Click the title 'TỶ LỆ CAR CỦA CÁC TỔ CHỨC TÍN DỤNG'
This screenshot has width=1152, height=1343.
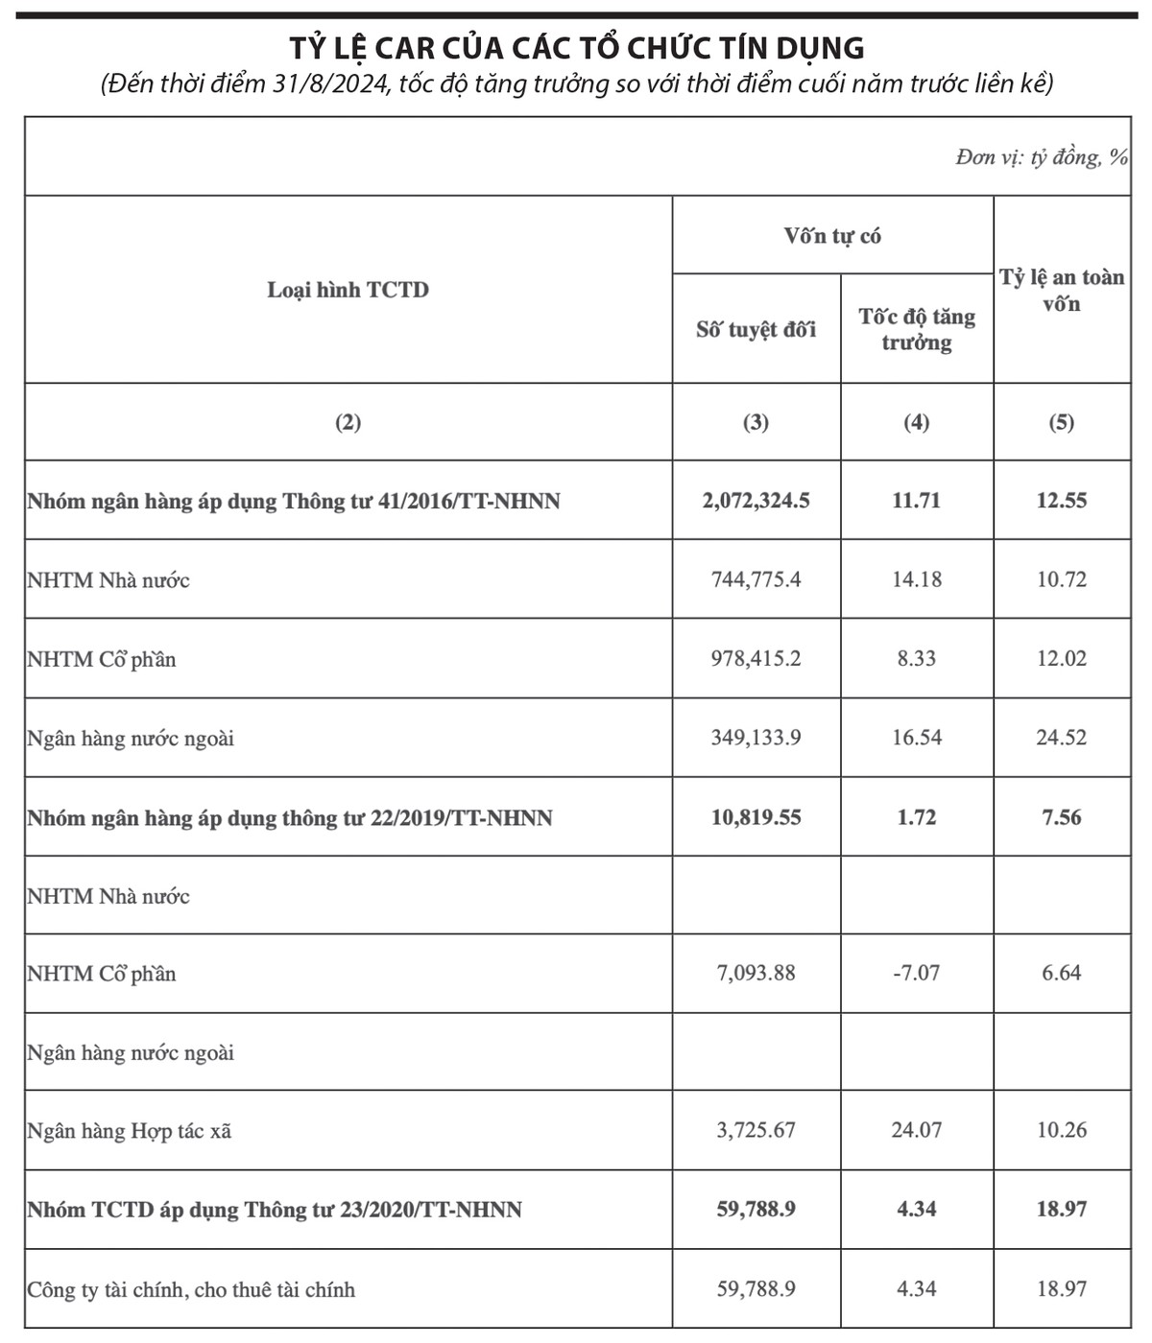point(577,48)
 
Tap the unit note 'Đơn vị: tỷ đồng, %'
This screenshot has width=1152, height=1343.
point(1042,157)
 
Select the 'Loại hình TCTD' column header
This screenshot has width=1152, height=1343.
point(348,290)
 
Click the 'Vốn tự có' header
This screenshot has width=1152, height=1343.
point(832,236)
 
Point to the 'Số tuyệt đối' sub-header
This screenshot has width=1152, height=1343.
point(756,330)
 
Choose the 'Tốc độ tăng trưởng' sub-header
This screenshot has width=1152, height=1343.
point(917,329)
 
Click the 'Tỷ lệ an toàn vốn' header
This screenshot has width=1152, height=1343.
point(1062,290)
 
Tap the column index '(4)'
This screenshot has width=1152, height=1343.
point(917,422)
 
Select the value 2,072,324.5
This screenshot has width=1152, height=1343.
point(756,501)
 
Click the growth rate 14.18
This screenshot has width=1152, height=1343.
point(917,579)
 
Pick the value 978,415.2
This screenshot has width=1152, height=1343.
point(756,659)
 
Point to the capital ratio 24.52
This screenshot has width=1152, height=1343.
point(1062,738)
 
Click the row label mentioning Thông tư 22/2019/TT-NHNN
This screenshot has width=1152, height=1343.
point(290,818)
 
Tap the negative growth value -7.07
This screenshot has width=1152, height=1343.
point(917,973)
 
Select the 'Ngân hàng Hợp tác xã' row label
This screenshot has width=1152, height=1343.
point(130,1131)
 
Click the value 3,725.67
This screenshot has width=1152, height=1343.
point(756,1130)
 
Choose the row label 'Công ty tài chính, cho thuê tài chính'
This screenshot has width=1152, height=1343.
point(191,1289)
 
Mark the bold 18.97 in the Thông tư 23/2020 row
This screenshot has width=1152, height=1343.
point(1062,1209)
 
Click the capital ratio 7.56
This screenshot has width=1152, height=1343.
point(1062,817)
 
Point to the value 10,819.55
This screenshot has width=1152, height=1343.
point(756,817)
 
